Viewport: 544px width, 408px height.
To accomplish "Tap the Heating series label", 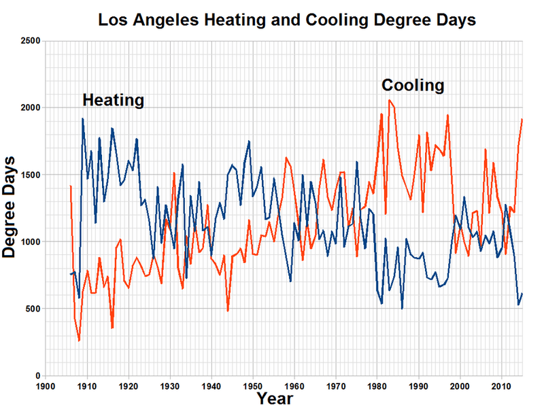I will [114, 101].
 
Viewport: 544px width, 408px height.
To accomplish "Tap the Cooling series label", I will [413, 86].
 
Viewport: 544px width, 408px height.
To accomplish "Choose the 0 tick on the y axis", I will [37, 375].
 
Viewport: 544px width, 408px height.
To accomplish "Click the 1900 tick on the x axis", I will [45, 384].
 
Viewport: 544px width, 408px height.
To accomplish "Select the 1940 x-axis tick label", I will [211, 384].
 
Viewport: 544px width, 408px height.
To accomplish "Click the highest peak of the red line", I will [389, 100].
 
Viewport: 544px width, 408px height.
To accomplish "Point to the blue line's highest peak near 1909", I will [82, 118].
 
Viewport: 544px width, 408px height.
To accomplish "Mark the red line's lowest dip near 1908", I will [79, 341].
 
